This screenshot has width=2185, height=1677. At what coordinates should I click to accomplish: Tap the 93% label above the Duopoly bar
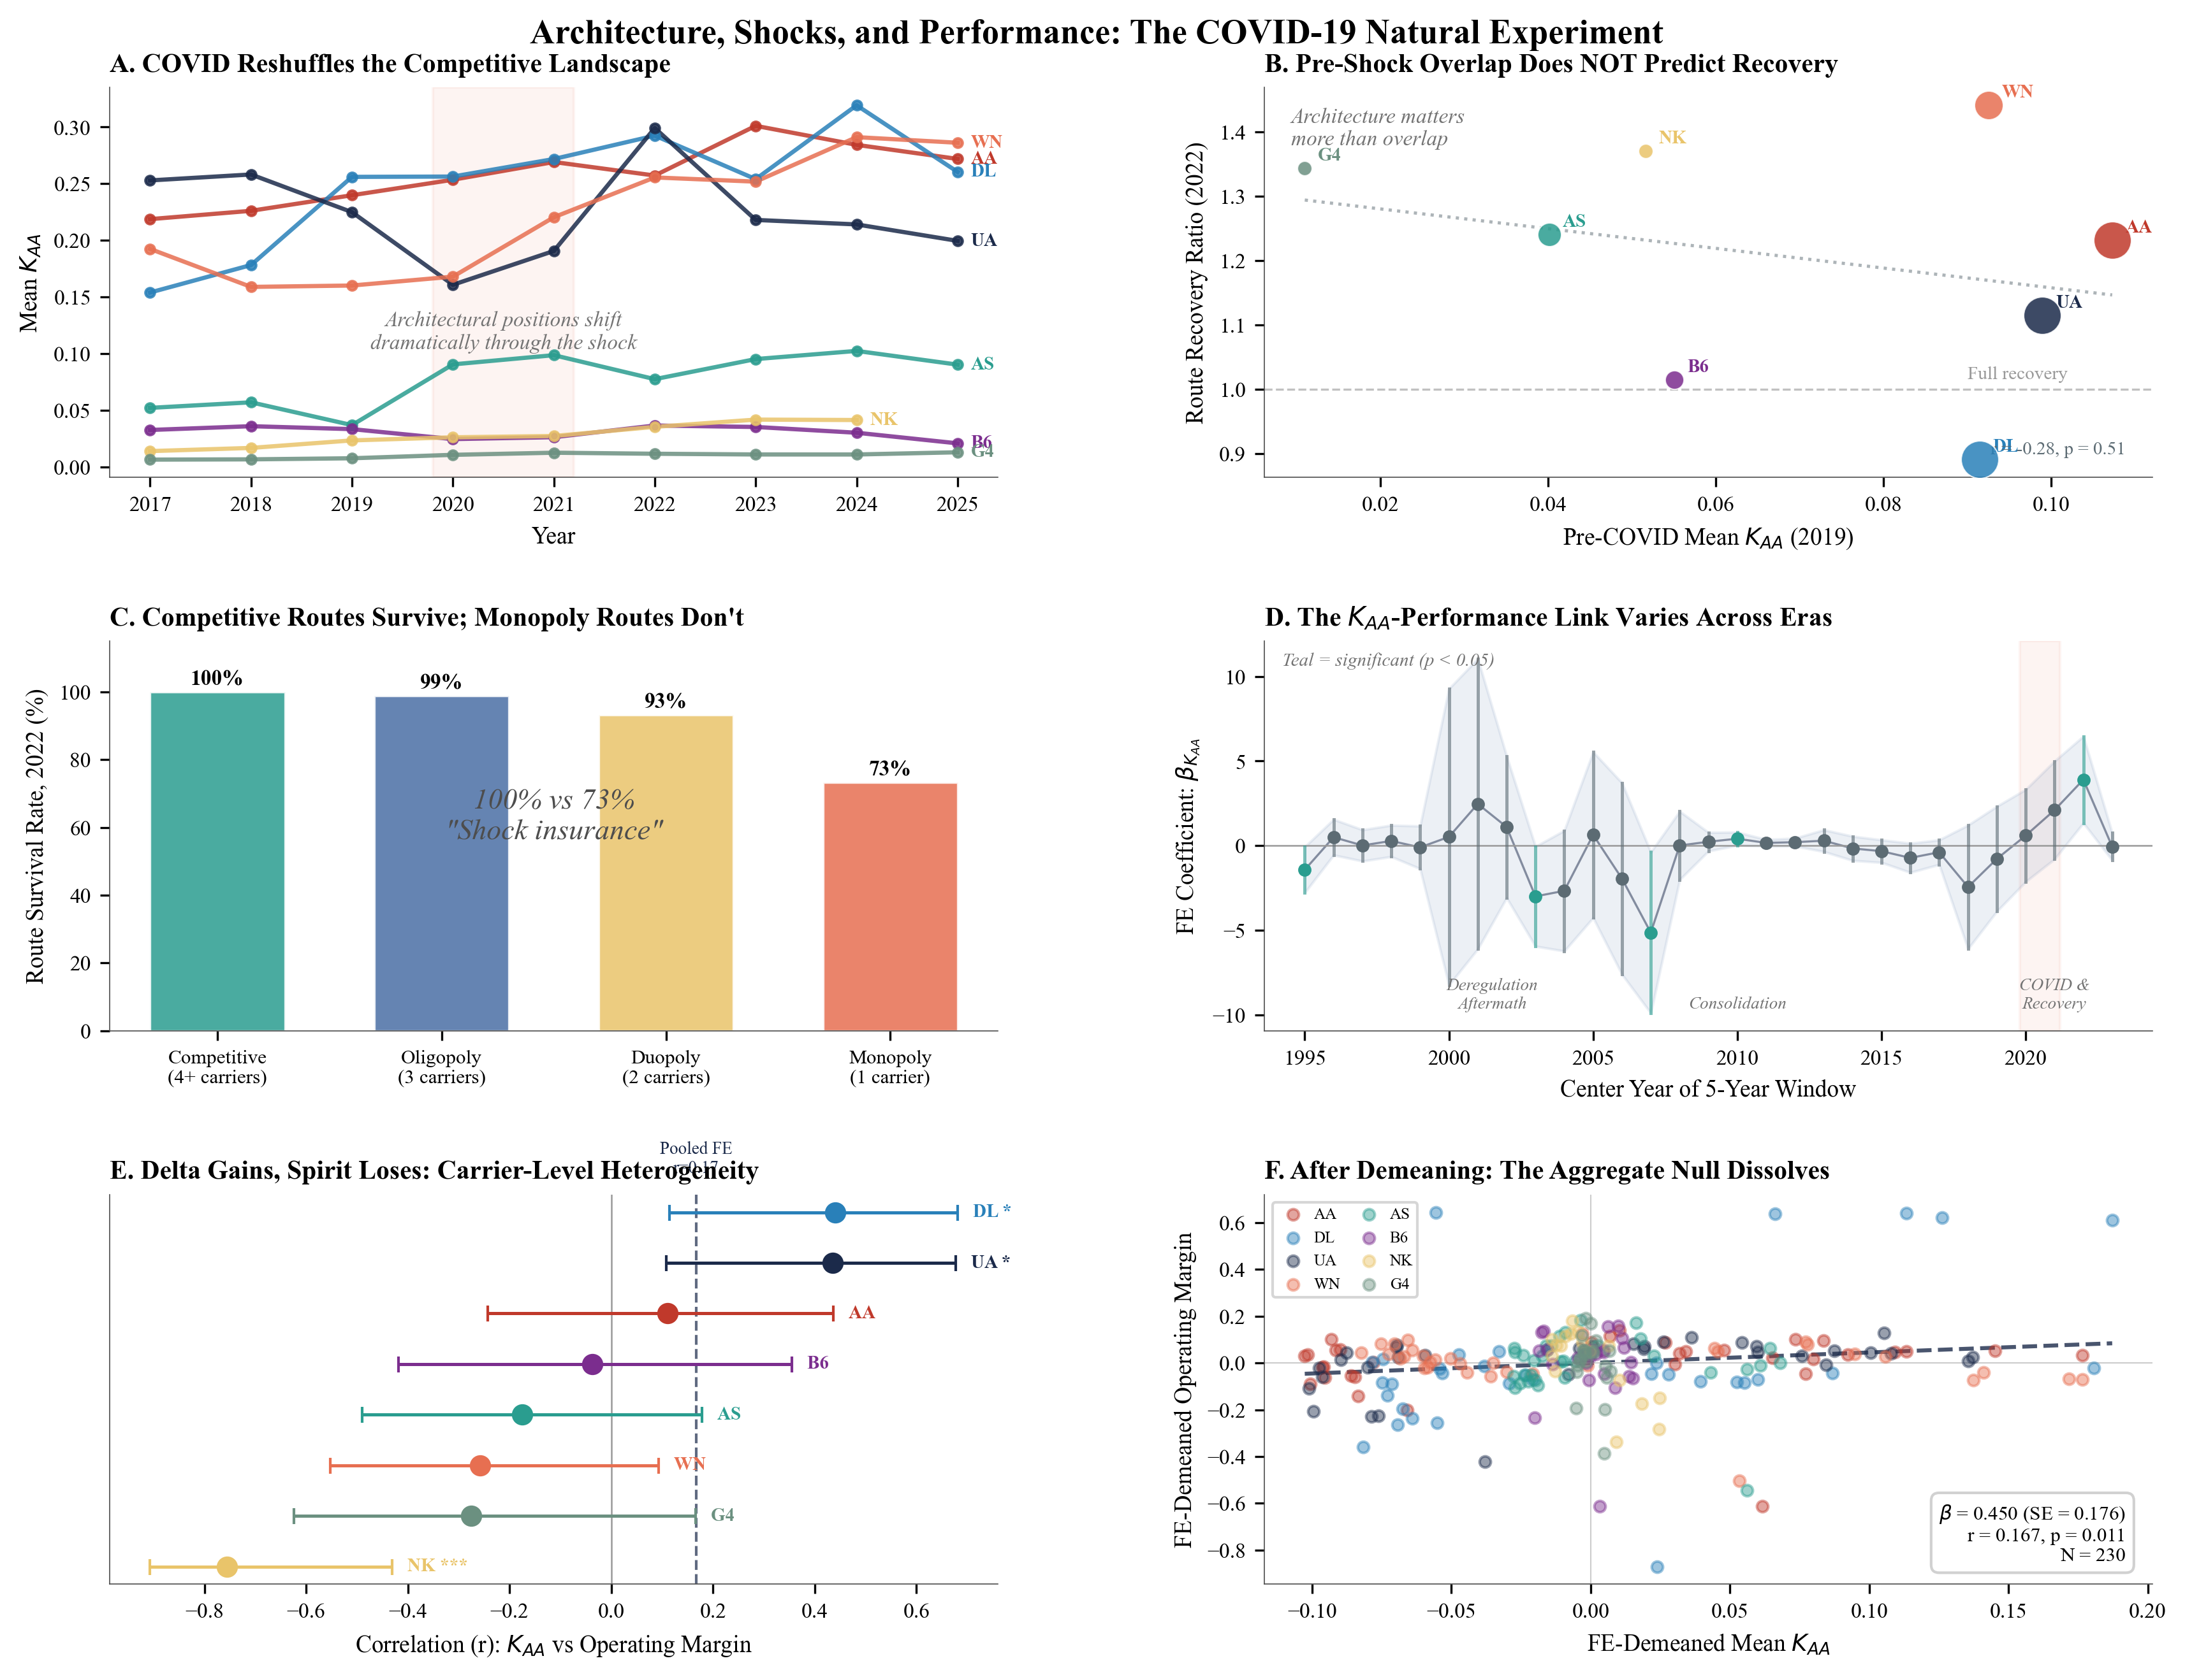point(665,701)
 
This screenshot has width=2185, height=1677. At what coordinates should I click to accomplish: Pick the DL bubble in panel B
point(1979,459)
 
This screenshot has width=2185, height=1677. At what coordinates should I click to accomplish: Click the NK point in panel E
point(227,1566)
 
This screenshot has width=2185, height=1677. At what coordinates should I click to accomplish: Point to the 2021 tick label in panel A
point(553,504)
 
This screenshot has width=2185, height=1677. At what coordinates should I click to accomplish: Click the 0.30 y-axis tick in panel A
point(72,128)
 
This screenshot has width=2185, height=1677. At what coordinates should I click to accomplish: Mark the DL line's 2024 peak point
point(857,106)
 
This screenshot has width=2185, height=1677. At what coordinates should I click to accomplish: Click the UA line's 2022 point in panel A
point(655,129)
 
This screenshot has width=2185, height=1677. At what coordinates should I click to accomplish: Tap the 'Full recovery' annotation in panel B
point(2016,373)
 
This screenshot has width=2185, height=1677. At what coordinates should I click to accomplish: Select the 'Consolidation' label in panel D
point(1737,1003)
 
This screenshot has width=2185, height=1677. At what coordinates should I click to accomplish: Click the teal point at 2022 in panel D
point(2083,781)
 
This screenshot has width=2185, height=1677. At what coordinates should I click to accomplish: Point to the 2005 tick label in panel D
point(1593,1057)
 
